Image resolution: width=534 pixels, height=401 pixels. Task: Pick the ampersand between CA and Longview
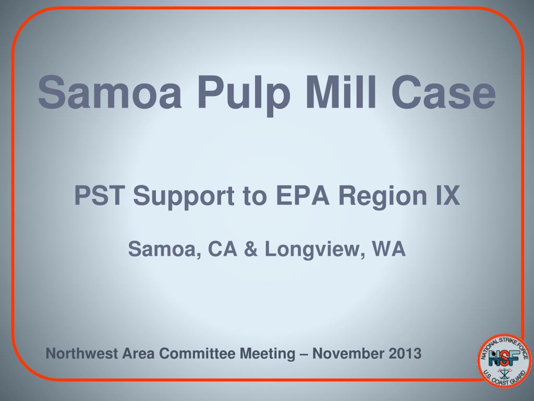(251, 250)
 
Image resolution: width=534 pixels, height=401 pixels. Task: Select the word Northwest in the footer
(83, 353)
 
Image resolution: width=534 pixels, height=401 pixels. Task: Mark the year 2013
(405, 353)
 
